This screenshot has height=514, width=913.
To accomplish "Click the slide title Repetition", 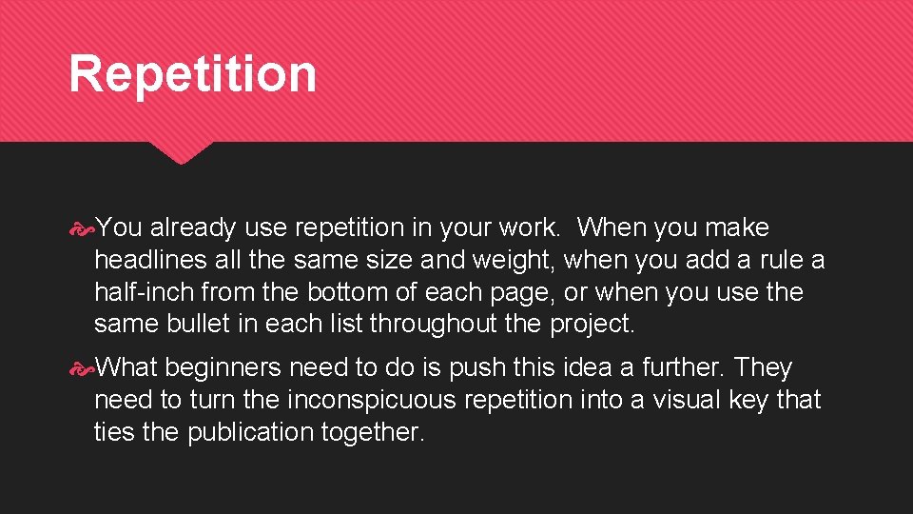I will [192, 74].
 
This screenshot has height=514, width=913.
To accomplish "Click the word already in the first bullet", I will [194, 228].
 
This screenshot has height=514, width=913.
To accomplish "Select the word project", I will [592, 324].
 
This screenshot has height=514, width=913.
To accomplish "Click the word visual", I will [685, 400].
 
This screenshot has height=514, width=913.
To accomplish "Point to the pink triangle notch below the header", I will [181, 152].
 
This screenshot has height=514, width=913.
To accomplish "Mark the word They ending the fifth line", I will [763, 368].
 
